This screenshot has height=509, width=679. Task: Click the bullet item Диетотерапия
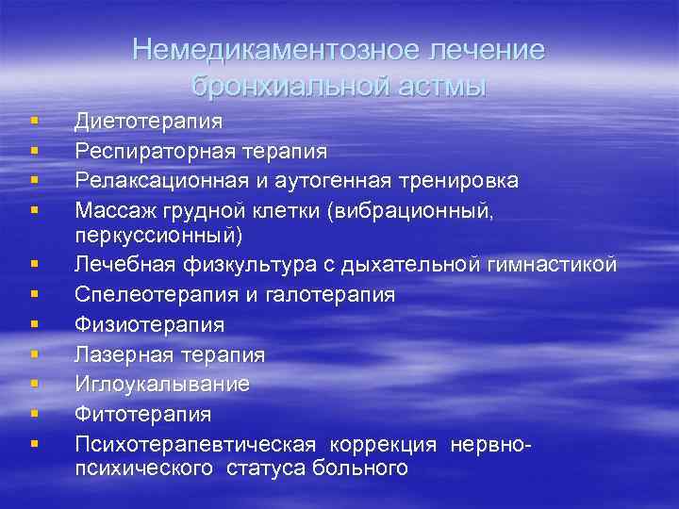[x=149, y=122]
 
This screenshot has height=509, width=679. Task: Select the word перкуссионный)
[x=158, y=234]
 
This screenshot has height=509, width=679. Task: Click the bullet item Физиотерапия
[x=150, y=325]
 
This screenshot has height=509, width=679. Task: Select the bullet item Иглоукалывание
[x=162, y=384]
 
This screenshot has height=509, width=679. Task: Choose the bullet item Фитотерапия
[x=143, y=413]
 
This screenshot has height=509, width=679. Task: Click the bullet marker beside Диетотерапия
[x=34, y=122]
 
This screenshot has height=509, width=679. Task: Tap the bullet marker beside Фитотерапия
[x=34, y=413]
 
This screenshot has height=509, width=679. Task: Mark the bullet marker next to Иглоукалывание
[x=34, y=384]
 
